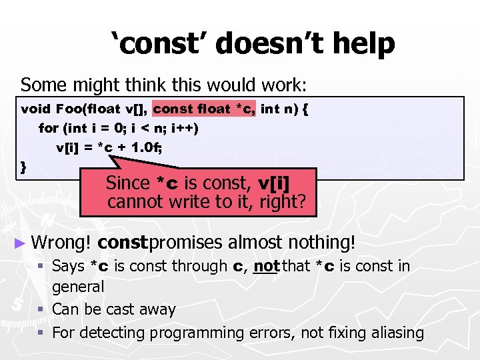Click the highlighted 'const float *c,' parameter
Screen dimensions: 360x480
[204, 109]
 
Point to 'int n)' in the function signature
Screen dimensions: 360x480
[279, 109]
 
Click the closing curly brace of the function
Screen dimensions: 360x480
[25, 166]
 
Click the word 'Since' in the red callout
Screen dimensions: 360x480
[128, 182]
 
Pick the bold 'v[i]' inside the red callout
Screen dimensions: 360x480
[277, 182]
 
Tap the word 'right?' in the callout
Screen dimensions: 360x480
[283, 201]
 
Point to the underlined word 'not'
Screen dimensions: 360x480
[266, 267]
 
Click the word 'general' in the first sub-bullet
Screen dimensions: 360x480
[78, 287]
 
